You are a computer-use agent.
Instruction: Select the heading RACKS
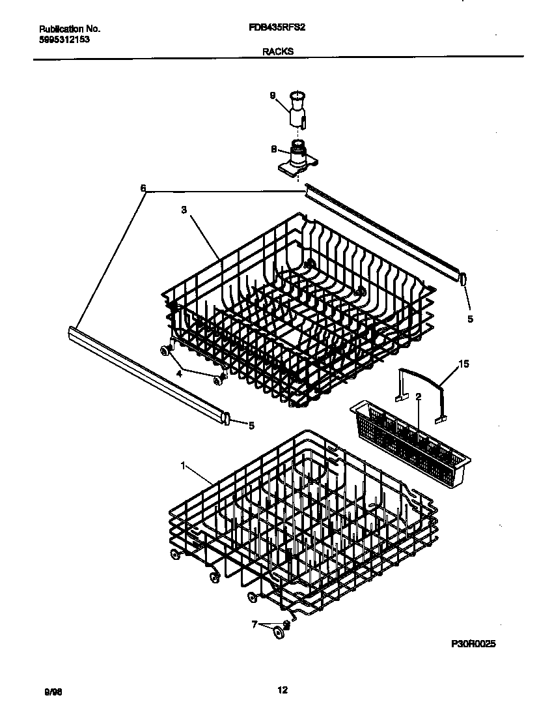click(x=277, y=50)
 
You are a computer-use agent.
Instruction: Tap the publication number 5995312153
click(x=64, y=39)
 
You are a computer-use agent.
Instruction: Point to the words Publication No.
click(x=70, y=29)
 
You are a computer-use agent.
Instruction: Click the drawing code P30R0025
click(x=474, y=643)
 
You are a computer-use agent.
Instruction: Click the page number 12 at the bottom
click(x=282, y=690)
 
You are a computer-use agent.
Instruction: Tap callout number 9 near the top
click(x=273, y=96)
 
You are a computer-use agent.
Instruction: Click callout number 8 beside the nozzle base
click(x=273, y=149)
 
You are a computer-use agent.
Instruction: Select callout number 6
click(x=143, y=188)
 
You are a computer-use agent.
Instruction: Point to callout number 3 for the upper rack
click(x=184, y=210)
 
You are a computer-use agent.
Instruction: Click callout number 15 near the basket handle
click(x=463, y=363)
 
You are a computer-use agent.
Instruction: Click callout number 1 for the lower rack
click(x=183, y=465)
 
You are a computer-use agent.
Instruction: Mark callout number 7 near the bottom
click(x=255, y=624)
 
